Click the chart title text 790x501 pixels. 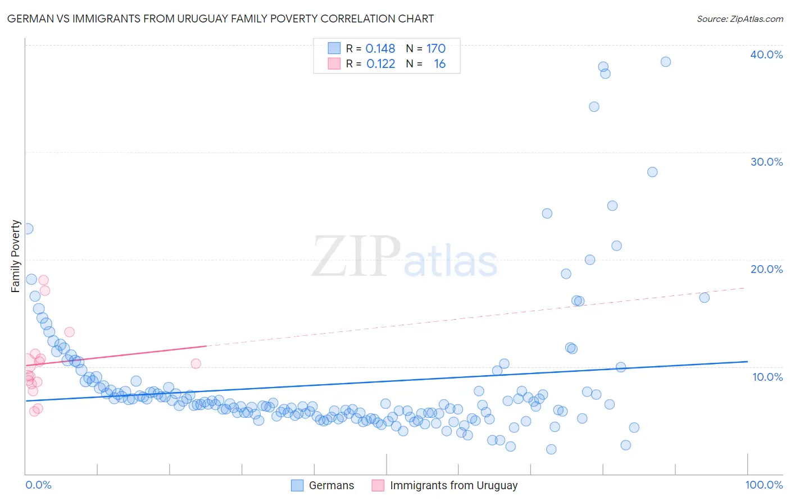pyautogui.click(x=220, y=19)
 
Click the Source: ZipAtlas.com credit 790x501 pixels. pyautogui.click(x=739, y=19)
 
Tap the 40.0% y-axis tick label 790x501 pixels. pyautogui.click(x=766, y=54)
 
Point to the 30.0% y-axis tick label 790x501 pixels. pyautogui.click(x=766, y=162)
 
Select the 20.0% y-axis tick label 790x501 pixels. pyautogui.click(x=766, y=269)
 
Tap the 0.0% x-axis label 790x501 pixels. pyautogui.click(x=38, y=485)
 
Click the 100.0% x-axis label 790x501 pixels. pyautogui.click(x=764, y=485)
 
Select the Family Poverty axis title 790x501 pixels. pyautogui.click(x=16, y=256)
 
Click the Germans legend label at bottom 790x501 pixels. pyautogui.click(x=332, y=485)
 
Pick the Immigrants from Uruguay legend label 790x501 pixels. pyautogui.click(x=453, y=485)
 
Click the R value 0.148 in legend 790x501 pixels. pyautogui.click(x=380, y=48)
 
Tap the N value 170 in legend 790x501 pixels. pyautogui.click(x=435, y=48)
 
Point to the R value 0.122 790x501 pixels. pyautogui.click(x=380, y=64)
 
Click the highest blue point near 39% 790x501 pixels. pyautogui.click(x=666, y=62)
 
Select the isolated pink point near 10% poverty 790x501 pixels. pyautogui.click(x=196, y=363)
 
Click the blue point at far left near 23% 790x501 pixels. pyautogui.click(x=28, y=229)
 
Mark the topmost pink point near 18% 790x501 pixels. pyautogui.click(x=43, y=280)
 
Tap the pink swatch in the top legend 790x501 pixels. pyautogui.click(x=334, y=64)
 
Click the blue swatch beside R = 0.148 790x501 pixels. pyautogui.click(x=334, y=48)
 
